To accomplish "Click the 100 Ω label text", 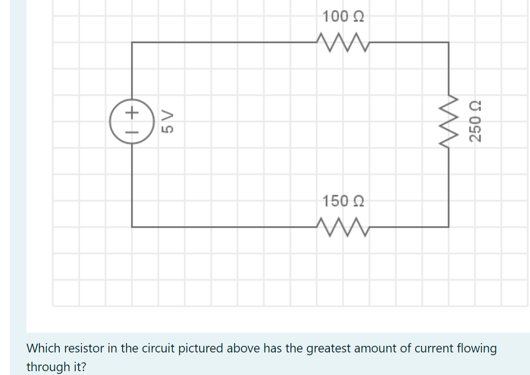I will tap(343, 16).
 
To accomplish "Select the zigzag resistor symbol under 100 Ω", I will tap(343, 42).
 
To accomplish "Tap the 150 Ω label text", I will tap(343, 201).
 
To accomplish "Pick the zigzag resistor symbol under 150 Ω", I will tap(343, 226).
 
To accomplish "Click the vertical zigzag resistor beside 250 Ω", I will tap(449, 121).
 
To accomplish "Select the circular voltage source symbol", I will tap(131, 122).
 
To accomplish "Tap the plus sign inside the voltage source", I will tap(131, 113).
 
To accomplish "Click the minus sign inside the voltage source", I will tap(131, 131).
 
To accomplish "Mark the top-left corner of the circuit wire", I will tap(131, 42).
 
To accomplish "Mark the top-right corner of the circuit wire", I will tap(449, 42).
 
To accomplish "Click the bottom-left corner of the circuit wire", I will tap(131, 226).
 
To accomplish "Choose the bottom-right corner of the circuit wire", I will tap(449, 226).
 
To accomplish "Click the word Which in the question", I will tap(44, 348).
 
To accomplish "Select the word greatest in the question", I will tap(328, 348).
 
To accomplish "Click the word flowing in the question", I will tap(477, 348).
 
